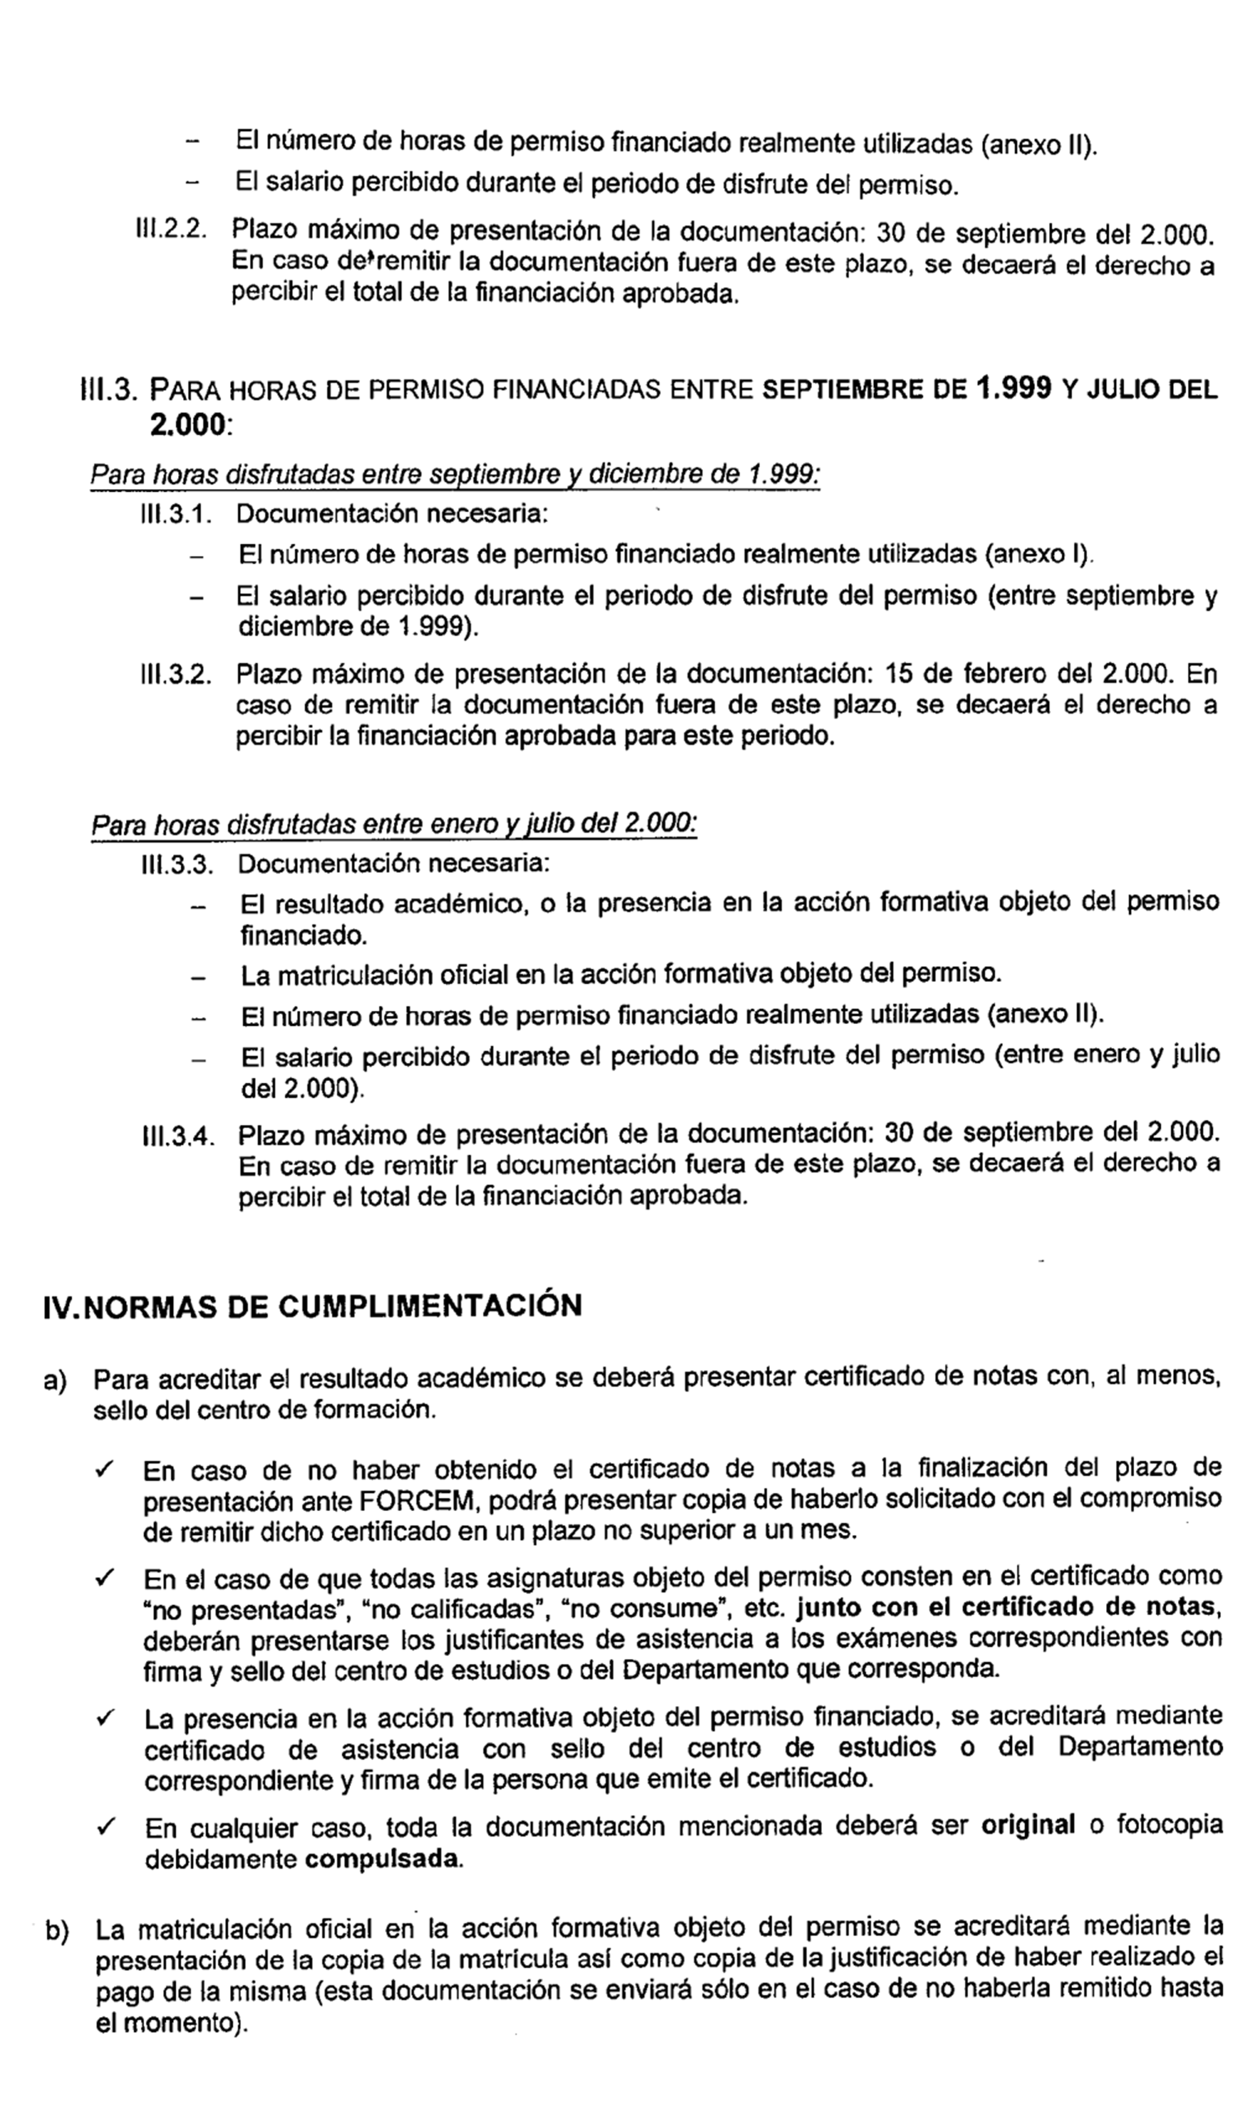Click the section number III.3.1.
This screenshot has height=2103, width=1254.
click(175, 514)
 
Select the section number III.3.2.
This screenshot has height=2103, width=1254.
click(175, 674)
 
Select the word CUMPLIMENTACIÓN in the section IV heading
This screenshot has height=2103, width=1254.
click(430, 1305)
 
